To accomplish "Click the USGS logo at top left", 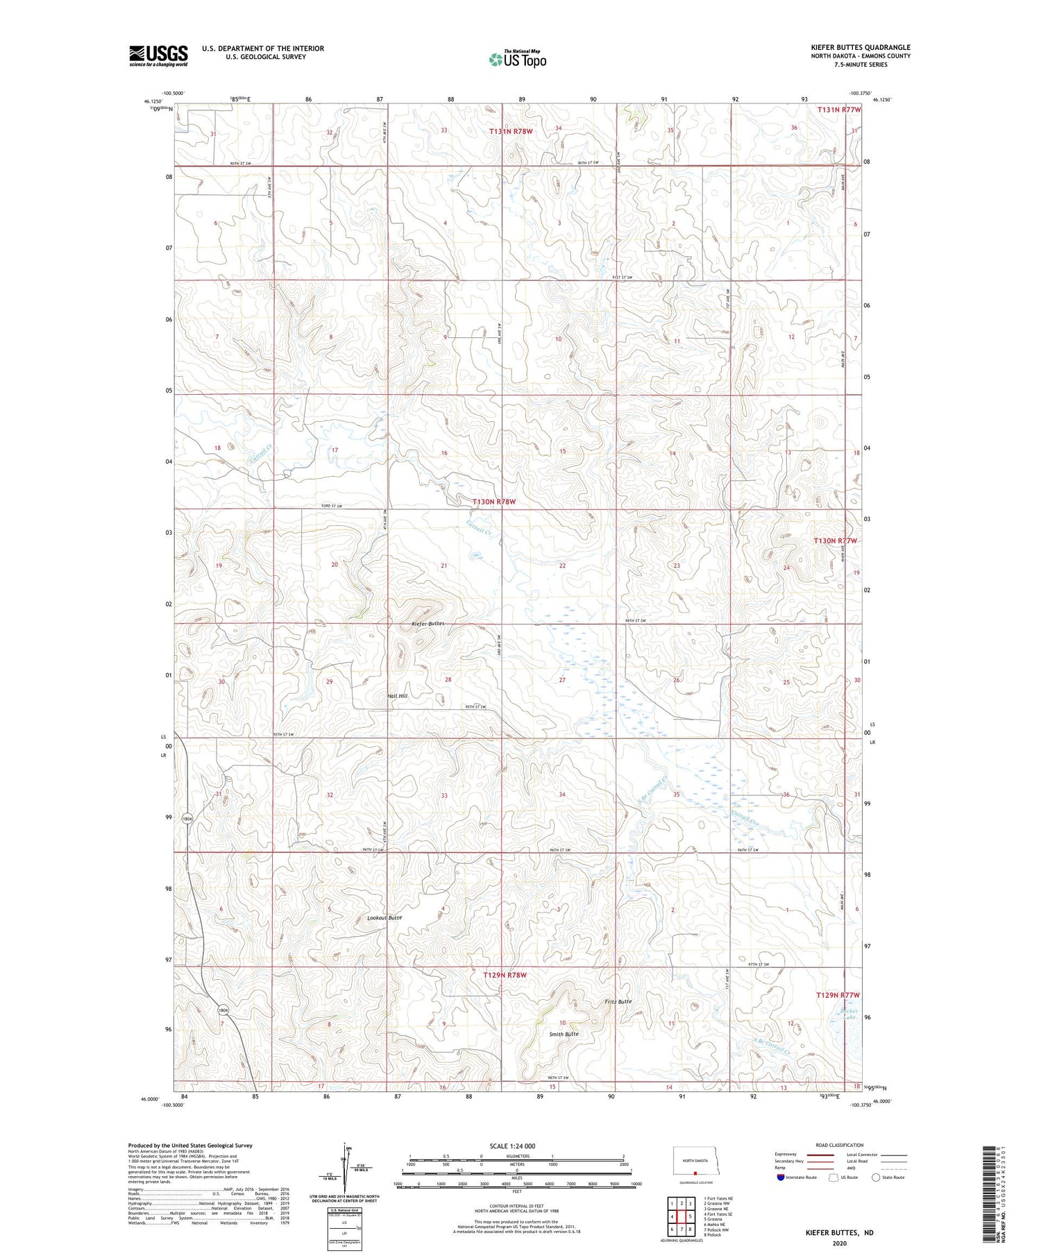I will (158, 56).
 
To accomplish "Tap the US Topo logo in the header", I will (517, 59).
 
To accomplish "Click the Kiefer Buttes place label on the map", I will (428, 624).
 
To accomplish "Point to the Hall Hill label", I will (397, 695).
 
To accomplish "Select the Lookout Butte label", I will (384, 917).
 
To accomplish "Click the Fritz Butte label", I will (618, 1001).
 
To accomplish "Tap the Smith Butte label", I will (564, 1033).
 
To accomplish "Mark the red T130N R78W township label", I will (494, 501).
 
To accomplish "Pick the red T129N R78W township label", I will (505, 975).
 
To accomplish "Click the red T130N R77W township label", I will (836, 541).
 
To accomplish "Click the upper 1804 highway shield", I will (187, 819).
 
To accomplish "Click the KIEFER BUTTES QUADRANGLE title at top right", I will (861, 47).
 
